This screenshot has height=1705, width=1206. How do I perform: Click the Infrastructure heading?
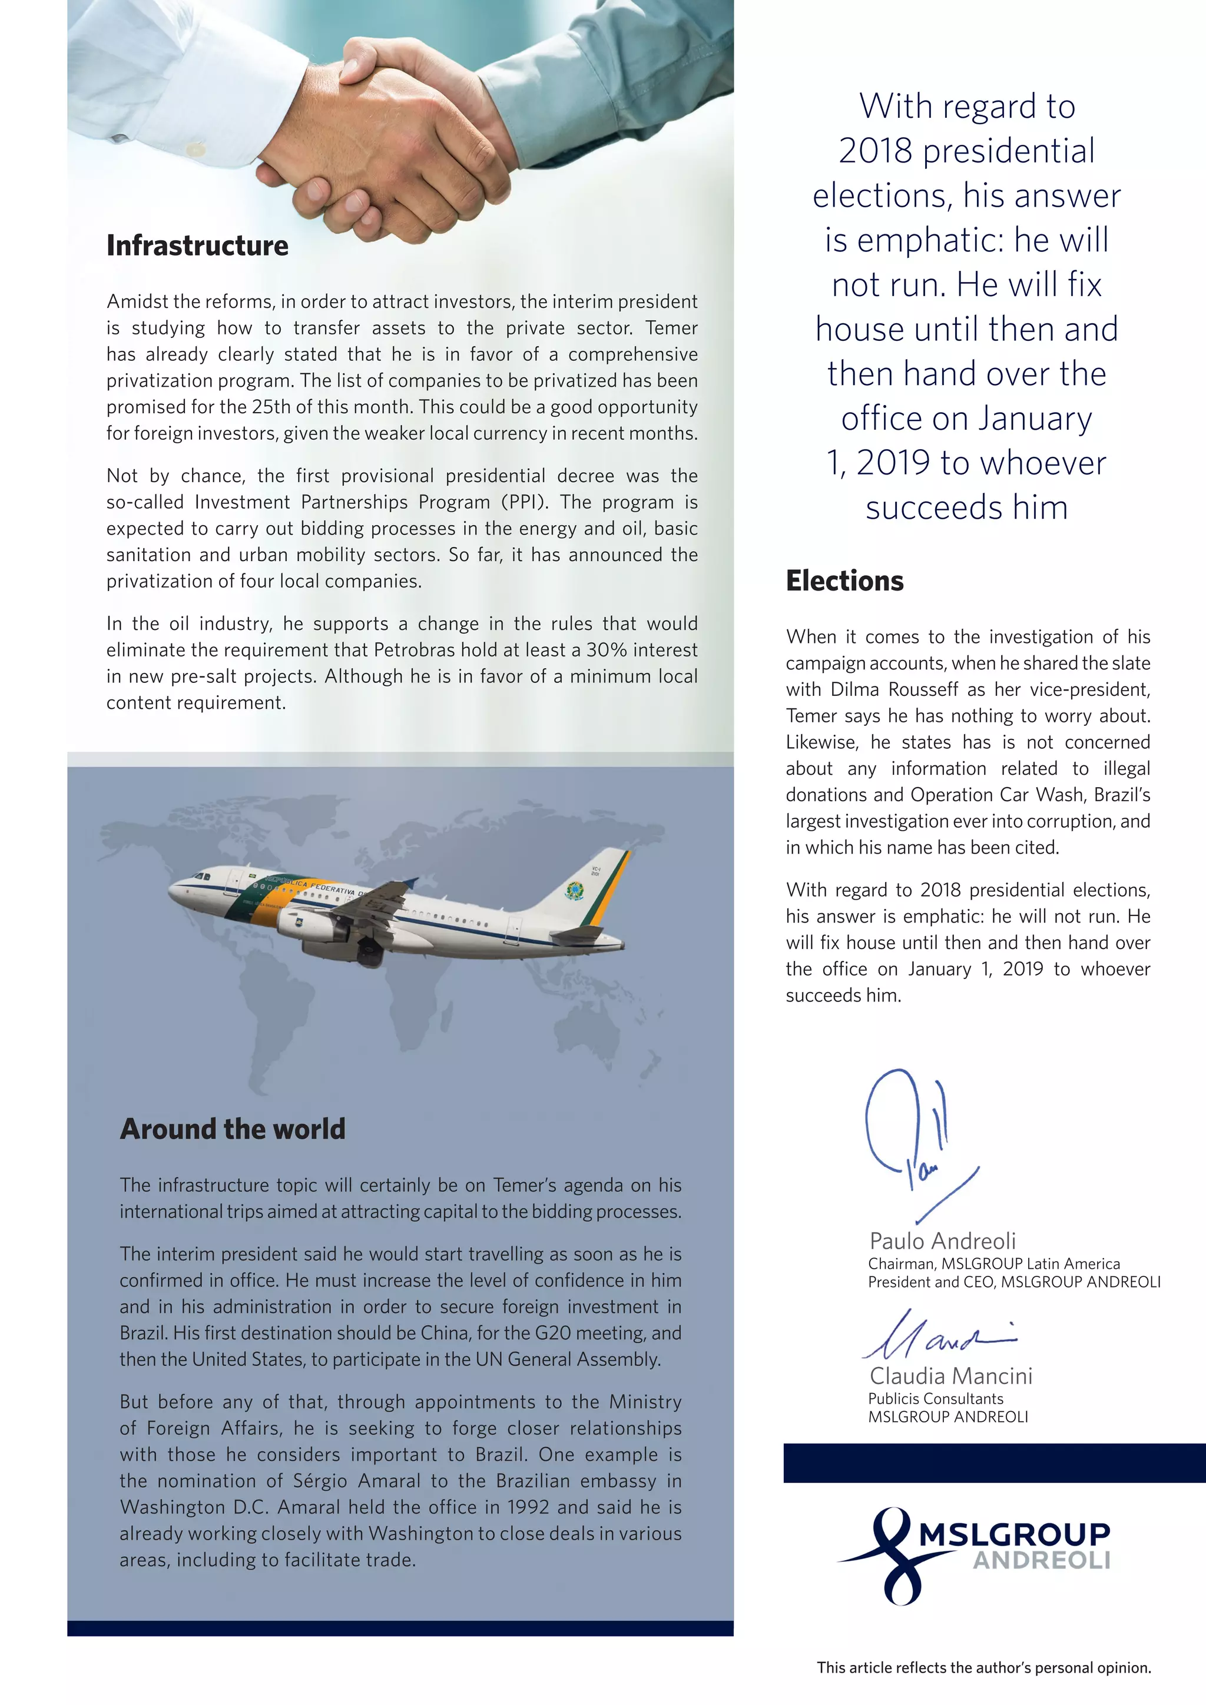[197, 246]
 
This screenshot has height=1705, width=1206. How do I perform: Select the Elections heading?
[844, 581]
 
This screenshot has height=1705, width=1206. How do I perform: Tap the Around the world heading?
[233, 1129]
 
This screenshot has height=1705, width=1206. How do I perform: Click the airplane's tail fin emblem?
[574, 890]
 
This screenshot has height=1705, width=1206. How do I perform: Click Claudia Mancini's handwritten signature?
[936, 1341]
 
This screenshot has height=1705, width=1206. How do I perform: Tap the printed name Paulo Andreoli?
[942, 1241]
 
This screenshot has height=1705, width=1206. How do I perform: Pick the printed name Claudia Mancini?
[950, 1376]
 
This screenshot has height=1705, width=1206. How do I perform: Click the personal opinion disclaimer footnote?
[983, 1667]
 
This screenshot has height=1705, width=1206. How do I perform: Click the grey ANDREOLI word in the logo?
[1041, 1560]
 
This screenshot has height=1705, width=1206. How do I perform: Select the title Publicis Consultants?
[936, 1398]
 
